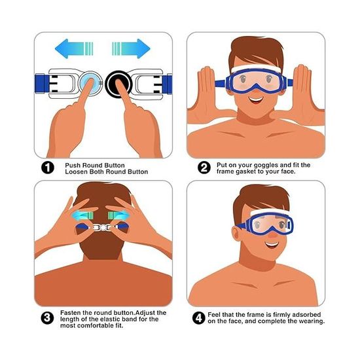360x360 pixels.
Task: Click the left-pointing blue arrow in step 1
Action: [74, 48]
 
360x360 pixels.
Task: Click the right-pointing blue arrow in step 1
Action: [131, 48]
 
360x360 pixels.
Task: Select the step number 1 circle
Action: [48, 168]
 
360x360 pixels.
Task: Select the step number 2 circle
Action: [204, 168]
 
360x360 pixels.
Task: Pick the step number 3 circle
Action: [47, 317]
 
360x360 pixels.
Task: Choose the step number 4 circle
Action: [199, 318]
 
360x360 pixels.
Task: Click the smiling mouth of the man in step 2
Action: [256, 100]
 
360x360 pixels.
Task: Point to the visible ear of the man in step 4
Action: [236, 234]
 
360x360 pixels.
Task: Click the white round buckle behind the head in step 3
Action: [103, 228]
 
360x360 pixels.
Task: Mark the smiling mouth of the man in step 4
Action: [272, 245]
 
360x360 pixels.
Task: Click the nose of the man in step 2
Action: [255, 88]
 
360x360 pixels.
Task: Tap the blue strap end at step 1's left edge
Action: [41, 83]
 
